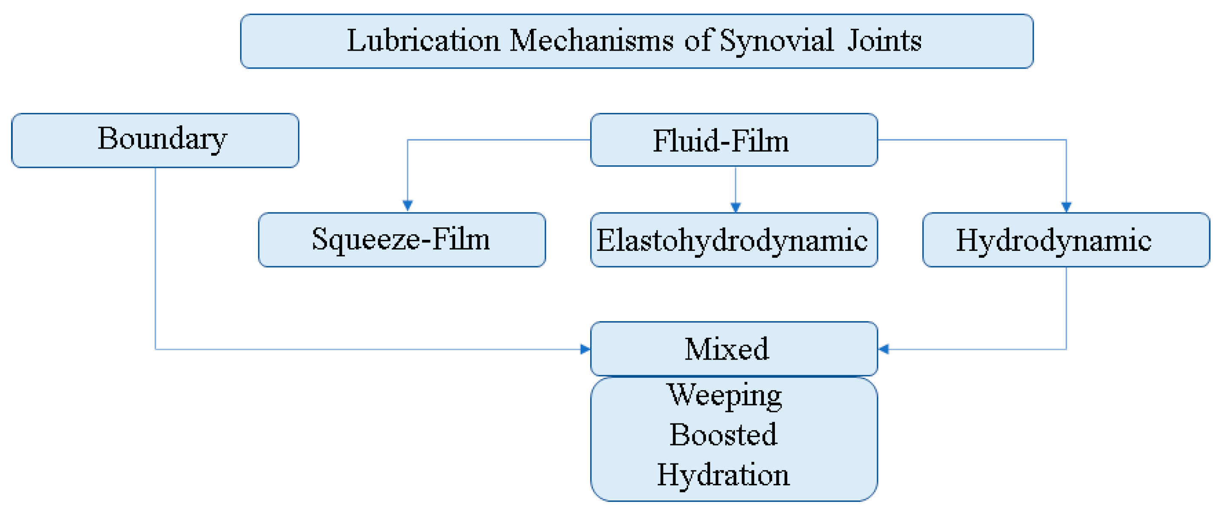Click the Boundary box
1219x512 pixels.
[x=155, y=141]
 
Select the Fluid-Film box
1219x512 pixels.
[x=734, y=141]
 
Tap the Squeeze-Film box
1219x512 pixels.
[x=402, y=240]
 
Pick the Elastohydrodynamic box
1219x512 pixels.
[x=734, y=240]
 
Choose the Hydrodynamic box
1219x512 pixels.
[x=1066, y=240]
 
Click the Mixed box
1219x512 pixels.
[x=734, y=349]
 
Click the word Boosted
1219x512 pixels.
[x=723, y=435]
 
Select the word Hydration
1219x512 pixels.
[x=723, y=475]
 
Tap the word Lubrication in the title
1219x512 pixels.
[x=423, y=41]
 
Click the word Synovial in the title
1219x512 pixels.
[x=776, y=41]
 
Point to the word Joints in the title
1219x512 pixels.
[x=884, y=41]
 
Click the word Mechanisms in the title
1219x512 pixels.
[x=591, y=41]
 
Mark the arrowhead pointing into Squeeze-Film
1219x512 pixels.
[x=408, y=205]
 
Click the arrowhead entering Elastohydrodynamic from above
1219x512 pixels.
[x=735, y=207]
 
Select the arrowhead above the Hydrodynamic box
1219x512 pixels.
[x=1066, y=207]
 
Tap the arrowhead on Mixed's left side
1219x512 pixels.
[x=585, y=349]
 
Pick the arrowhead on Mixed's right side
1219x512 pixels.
[x=883, y=349]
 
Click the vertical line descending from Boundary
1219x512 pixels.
[x=156, y=260]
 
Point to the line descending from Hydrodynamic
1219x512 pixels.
[x=1066, y=308]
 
